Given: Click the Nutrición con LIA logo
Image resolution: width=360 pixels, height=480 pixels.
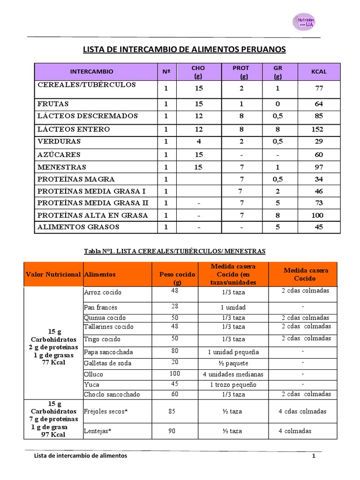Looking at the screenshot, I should pyautogui.click(x=304, y=22).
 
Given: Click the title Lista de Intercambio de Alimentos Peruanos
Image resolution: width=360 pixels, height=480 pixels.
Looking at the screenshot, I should pyautogui.click(x=184, y=50).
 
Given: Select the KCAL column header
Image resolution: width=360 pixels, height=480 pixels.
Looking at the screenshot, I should pyautogui.click(x=319, y=72).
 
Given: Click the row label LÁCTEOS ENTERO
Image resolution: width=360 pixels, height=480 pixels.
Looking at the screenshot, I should pyautogui.click(x=74, y=129).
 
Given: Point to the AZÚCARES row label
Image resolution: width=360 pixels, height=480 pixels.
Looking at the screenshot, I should pyautogui.click(x=59, y=155).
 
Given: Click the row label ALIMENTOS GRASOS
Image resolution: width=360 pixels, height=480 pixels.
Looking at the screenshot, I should pyautogui.click(x=78, y=227).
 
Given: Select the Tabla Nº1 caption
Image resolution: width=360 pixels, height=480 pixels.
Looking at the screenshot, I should pyautogui.click(x=174, y=251).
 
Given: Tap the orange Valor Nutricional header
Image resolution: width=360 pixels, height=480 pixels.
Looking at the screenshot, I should pyautogui.click(x=53, y=274).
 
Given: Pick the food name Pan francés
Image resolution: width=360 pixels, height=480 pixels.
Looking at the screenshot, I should pyautogui.click(x=100, y=307).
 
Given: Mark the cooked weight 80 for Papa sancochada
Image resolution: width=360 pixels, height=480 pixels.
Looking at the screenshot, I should pyautogui.click(x=174, y=350).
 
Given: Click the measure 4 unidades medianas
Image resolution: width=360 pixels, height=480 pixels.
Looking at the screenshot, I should pyautogui.click(x=233, y=375).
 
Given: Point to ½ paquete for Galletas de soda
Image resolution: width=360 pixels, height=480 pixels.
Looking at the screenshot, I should pyautogui.click(x=233, y=363).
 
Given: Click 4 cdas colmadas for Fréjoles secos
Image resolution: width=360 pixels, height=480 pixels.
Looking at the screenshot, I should pyautogui.click(x=302, y=412).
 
